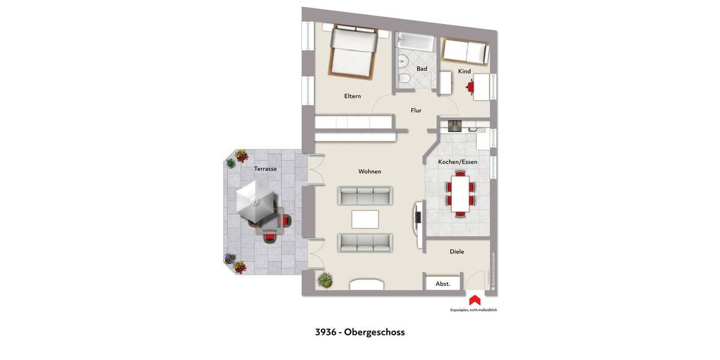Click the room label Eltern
(x=352, y=96)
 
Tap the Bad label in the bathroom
(x=422, y=69)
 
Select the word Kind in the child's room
(x=464, y=71)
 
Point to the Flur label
(x=416, y=110)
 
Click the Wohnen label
(x=370, y=172)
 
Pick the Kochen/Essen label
(x=458, y=162)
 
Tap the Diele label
(x=457, y=252)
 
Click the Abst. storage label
(x=443, y=284)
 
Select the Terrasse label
(x=265, y=169)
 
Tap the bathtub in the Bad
(x=415, y=42)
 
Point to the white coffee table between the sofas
(x=365, y=219)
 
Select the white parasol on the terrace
(x=256, y=203)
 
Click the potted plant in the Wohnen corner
(x=325, y=280)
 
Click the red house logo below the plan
(x=474, y=300)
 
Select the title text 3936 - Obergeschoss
(x=360, y=332)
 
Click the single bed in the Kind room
(x=464, y=51)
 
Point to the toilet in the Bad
(x=404, y=79)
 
